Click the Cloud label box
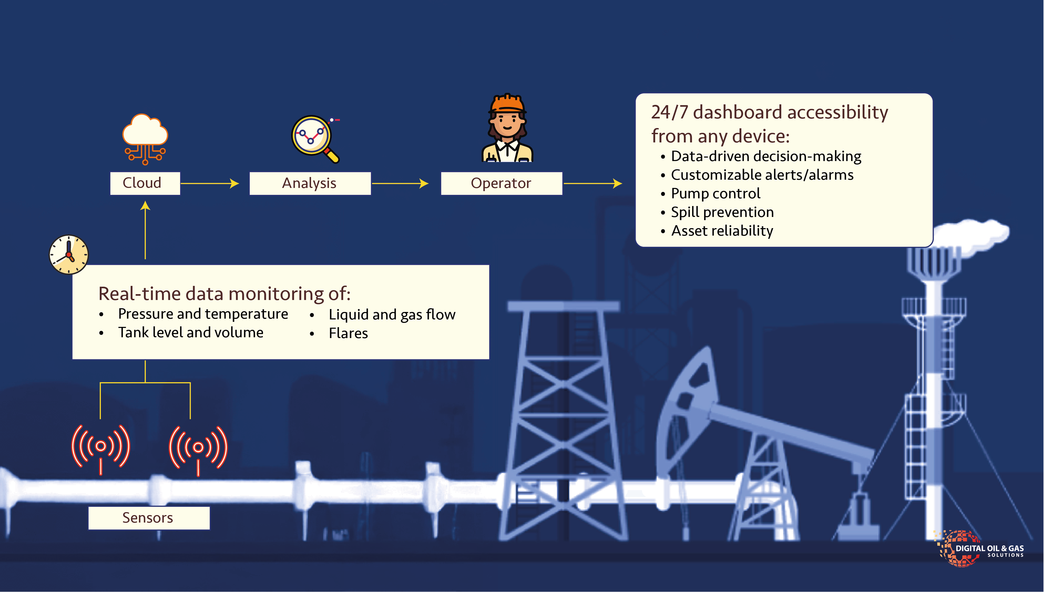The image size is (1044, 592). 145,183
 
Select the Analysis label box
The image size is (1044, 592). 310,183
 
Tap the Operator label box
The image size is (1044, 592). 502,183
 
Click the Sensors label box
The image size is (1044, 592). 149,518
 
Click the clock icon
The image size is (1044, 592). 69,254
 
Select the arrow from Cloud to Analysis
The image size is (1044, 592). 210,183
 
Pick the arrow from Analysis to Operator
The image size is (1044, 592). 400,183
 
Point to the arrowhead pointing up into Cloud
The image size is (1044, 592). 145,206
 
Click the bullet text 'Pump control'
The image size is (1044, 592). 715,194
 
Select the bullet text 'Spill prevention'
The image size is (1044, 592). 722,212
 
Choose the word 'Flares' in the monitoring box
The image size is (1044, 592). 348,334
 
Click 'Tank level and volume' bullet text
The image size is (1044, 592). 190,332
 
